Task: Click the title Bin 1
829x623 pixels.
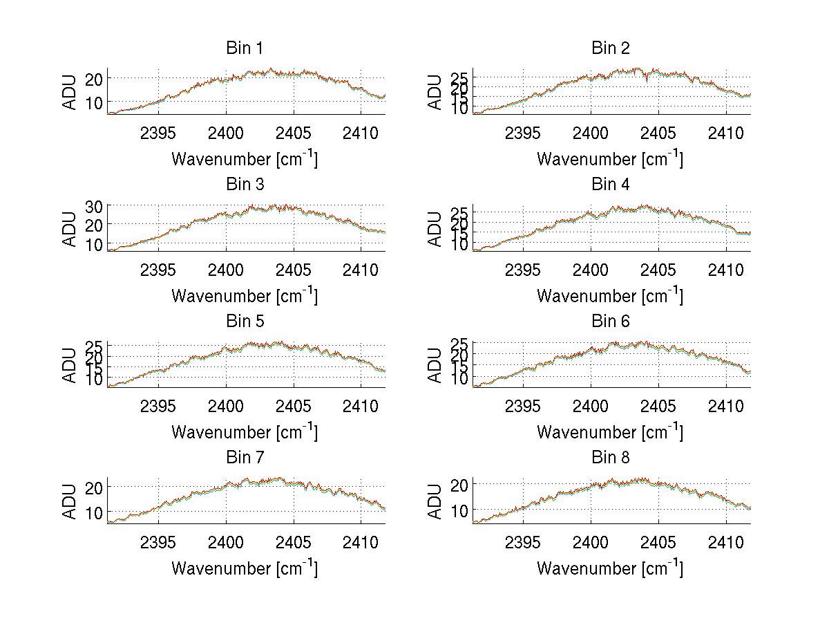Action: click(245, 48)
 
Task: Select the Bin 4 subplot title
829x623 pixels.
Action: click(610, 184)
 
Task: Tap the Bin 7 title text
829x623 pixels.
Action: click(245, 457)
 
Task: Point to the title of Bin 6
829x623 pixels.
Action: click(610, 321)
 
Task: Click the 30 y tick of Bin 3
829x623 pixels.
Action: click(94, 206)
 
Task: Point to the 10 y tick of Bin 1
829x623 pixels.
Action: click(94, 102)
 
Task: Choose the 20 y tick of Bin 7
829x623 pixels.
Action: click(94, 487)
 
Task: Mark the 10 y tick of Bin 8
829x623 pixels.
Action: click(459, 510)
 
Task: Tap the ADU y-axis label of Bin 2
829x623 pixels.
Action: click(435, 91)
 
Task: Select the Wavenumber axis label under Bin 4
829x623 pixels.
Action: click(610, 295)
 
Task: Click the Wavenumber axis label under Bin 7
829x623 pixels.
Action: click(245, 568)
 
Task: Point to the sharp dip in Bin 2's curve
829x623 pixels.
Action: click(647, 81)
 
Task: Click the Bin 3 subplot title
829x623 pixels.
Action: click(245, 184)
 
